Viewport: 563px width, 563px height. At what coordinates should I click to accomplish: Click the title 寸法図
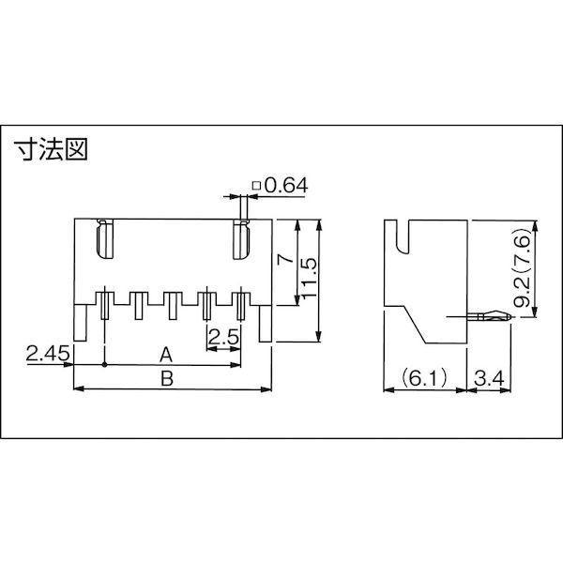click(51, 149)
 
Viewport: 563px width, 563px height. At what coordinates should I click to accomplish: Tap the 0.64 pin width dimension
click(286, 186)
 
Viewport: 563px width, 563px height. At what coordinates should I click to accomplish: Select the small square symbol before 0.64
click(256, 186)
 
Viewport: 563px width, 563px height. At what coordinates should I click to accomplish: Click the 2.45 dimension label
click(48, 354)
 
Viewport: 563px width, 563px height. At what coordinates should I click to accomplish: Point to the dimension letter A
click(166, 355)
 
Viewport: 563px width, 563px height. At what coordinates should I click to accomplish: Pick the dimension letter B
click(167, 378)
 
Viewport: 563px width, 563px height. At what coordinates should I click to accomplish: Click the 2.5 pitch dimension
click(223, 337)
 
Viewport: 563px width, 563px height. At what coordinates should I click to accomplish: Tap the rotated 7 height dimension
click(285, 259)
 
